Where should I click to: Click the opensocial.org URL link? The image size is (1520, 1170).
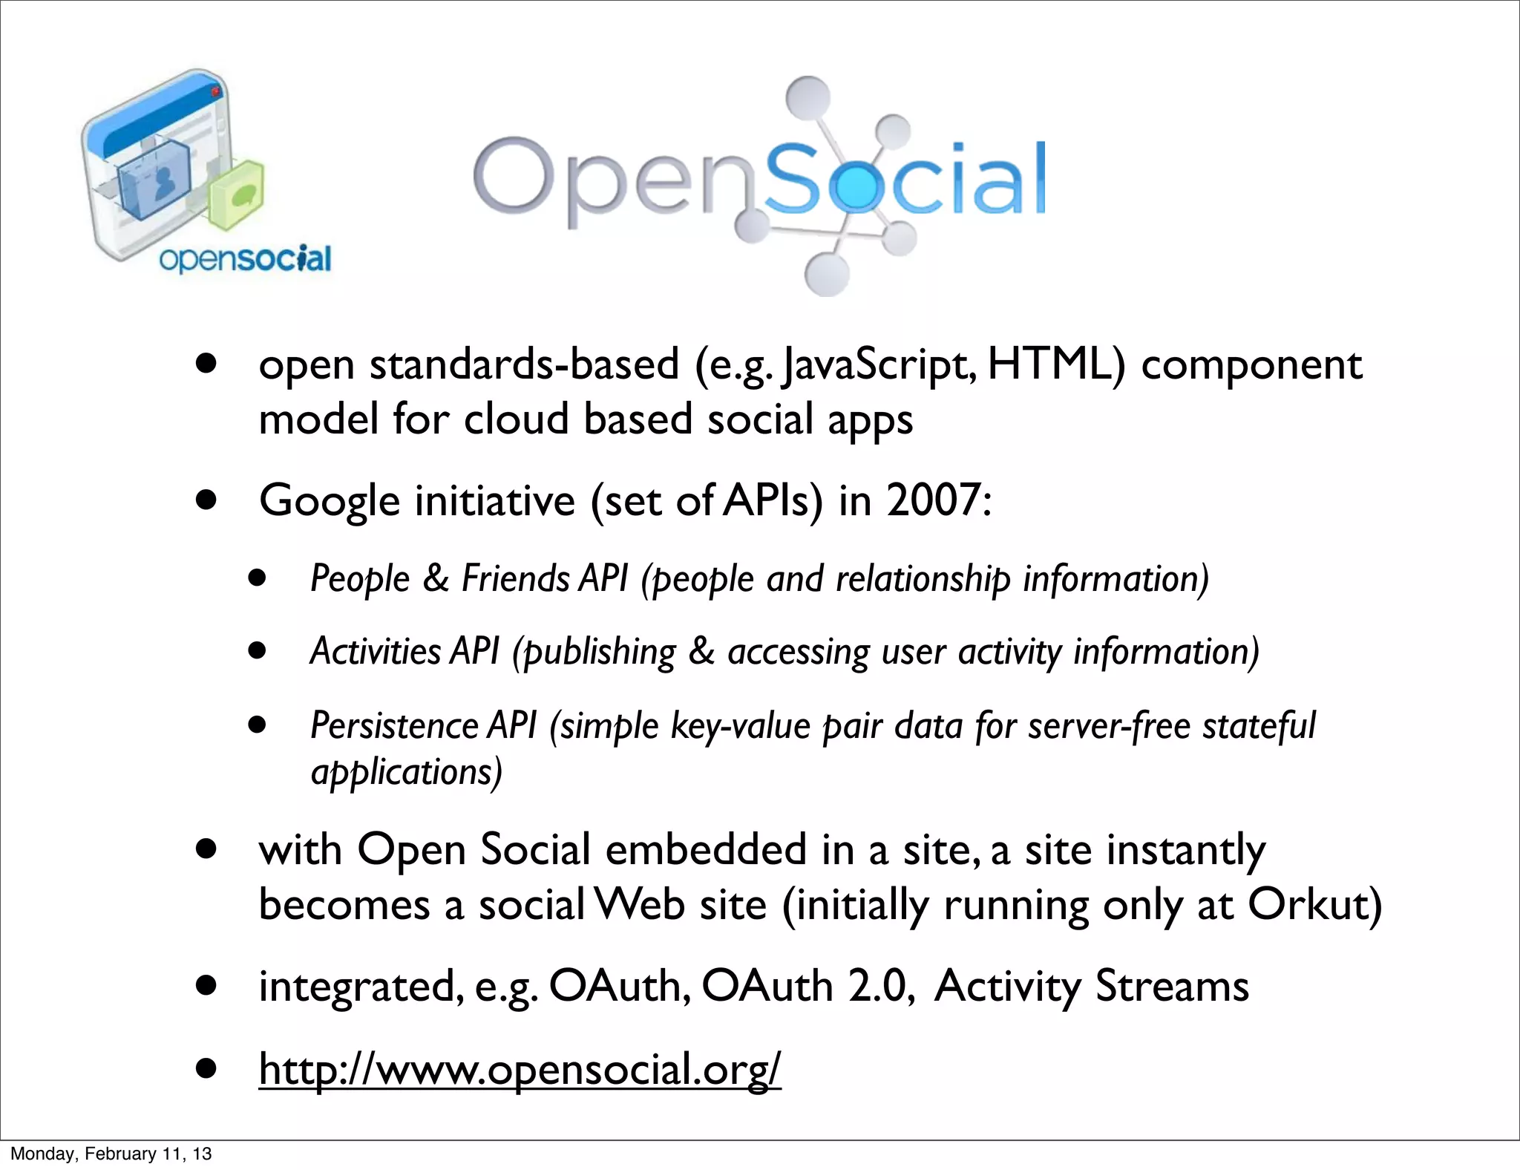pos(520,1069)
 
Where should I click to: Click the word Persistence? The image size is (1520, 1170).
pos(393,725)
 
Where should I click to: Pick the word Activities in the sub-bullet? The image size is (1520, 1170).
pos(376,651)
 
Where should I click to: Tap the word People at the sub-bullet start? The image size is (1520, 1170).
pos(359,578)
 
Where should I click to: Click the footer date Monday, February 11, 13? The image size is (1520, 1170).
pos(111,1154)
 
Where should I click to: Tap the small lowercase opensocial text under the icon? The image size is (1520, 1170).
pos(245,259)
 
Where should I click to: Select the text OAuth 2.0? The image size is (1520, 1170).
pos(806,986)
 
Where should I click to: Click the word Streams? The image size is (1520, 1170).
pos(1172,986)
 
